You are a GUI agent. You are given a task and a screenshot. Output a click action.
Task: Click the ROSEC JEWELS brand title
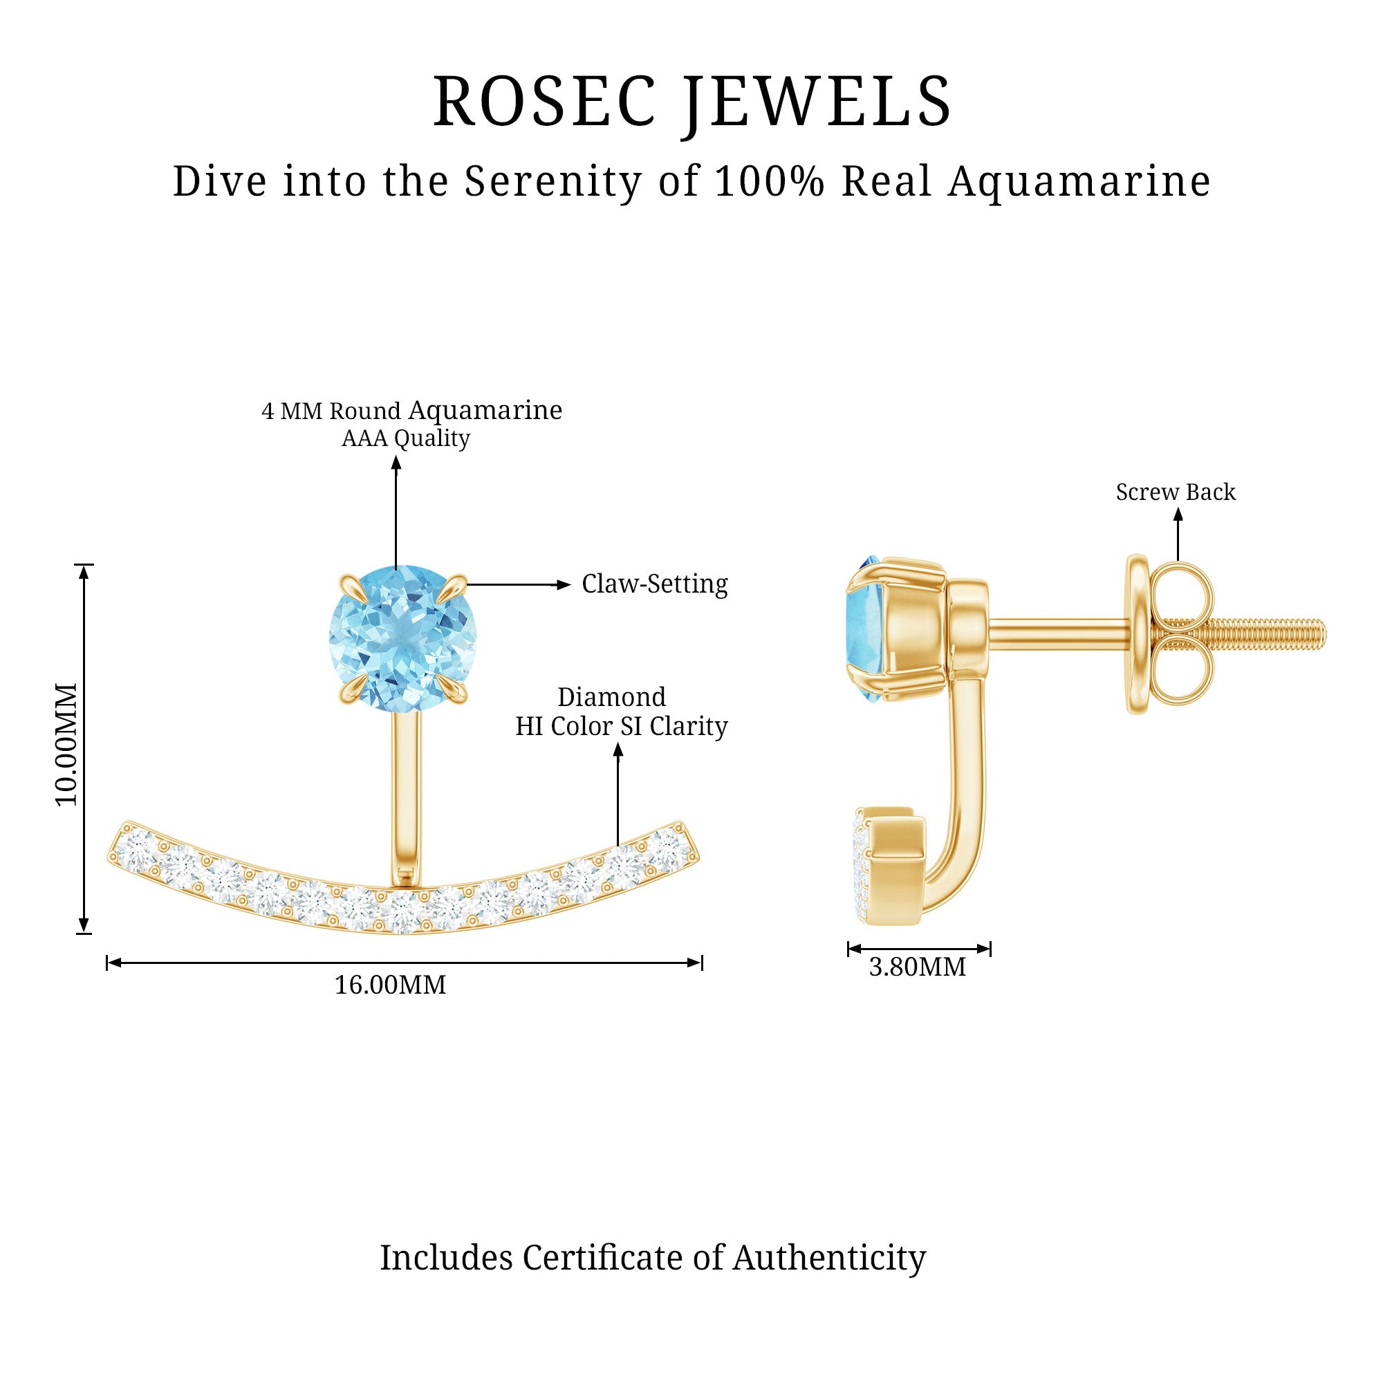click(x=691, y=102)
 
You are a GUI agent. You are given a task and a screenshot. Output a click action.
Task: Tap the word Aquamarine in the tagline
click(x=1079, y=181)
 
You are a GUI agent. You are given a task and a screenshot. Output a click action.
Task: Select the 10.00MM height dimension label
click(x=66, y=745)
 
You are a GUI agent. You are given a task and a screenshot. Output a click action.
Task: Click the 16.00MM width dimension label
click(x=390, y=985)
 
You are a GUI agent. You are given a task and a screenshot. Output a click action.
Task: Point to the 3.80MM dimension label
click(x=917, y=967)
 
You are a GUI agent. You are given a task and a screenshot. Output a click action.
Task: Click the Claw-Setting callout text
click(x=654, y=584)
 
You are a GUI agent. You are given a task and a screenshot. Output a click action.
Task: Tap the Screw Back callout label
click(x=1176, y=492)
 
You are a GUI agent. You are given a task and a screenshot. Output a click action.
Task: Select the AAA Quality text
click(x=406, y=438)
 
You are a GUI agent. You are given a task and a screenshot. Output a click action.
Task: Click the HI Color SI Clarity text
click(x=622, y=727)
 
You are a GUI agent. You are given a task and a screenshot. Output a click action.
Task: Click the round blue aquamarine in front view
click(x=402, y=637)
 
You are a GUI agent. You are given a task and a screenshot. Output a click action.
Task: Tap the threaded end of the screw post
click(x=1281, y=634)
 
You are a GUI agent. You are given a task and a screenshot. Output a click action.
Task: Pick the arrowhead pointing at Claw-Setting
click(x=564, y=585)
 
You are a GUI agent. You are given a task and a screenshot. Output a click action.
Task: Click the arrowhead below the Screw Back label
click(x=1178, y=514)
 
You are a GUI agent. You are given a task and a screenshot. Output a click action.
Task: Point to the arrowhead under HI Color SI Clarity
click(x=618, y=750)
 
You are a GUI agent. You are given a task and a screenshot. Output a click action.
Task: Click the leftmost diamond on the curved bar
click(x=135, y=853)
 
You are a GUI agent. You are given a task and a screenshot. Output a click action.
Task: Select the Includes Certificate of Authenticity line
click(x=652, y=1257)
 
